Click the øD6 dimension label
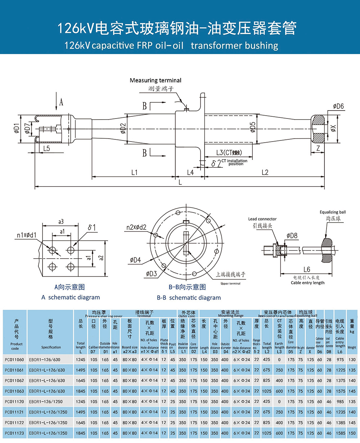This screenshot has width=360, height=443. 338,106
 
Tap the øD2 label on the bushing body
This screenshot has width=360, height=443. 123,127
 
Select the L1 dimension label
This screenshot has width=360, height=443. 134,173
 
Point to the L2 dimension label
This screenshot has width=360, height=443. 265,173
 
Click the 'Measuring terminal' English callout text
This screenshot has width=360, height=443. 156,80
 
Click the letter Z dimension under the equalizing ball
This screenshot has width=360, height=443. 318,148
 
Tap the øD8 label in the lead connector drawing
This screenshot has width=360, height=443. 292,236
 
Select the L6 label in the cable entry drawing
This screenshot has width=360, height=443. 307,269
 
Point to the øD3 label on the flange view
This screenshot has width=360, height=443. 151,274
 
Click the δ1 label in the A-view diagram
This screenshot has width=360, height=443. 91,227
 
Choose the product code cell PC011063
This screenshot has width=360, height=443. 15,391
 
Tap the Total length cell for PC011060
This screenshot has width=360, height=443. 81,359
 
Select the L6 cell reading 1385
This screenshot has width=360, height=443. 340,423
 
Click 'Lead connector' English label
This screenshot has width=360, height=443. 262,219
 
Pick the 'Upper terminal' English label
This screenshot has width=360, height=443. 230,283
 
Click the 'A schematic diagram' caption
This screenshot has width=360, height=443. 71,297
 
